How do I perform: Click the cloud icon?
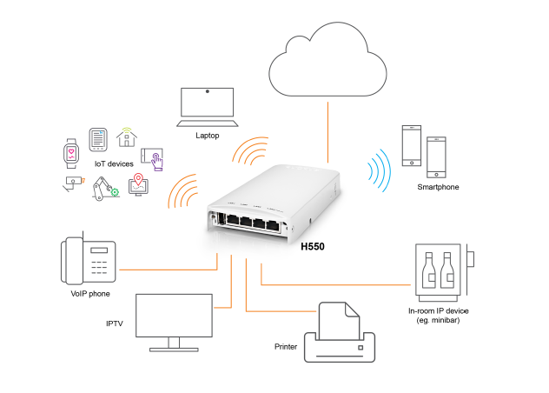click(x=327, y=61)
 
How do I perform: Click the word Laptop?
click(x=208, y=136)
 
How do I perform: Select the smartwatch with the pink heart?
click(x=71, y=152)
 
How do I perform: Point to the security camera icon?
click(x=73, y=183)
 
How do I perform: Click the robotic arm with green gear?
click(x=104, y=188)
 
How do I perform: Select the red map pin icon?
click(x=137, y=185)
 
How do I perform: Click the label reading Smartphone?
click(x=438, y=187)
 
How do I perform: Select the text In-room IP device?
click(x=439, y=310)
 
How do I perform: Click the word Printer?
click(x=287, y=347)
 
